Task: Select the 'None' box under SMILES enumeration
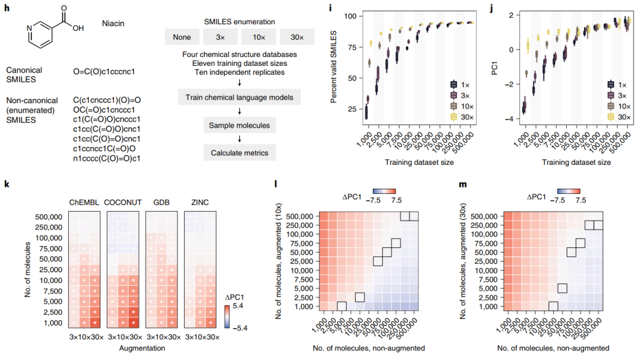click(182, 37)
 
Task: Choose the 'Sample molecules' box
click(240, 125)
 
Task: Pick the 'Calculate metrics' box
click(240, 153)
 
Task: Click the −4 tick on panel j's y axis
click(509, 119)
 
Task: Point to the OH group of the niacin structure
click(78, 27)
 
